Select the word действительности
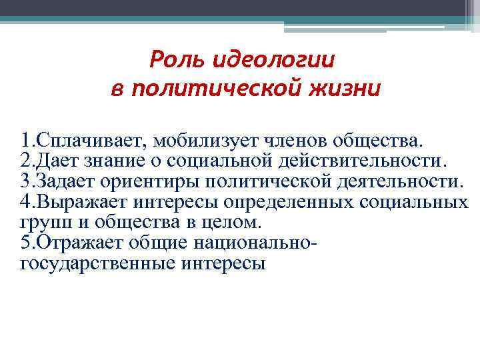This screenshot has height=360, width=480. coord(362,161)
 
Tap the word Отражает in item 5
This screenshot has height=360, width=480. coord(79,242)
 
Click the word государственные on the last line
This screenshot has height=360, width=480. coord(97,263)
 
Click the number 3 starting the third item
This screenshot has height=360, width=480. coord(26,181)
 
